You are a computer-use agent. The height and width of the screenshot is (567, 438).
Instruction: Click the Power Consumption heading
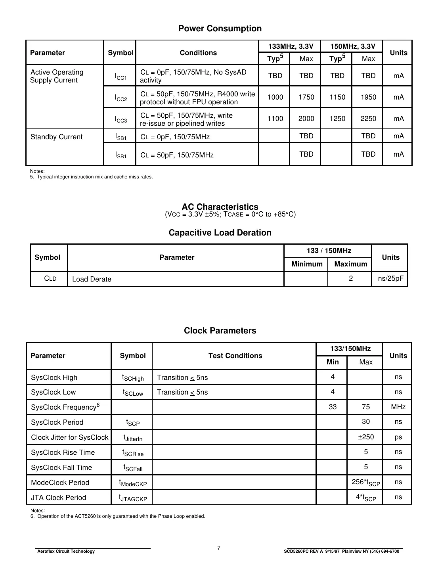tap(220, 29)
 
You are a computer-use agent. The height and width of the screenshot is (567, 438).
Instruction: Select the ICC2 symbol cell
tap(121, 98)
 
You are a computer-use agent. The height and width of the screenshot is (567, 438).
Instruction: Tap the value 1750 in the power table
tap(306, 97)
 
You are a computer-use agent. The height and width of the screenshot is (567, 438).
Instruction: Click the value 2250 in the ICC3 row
tap(368, 119)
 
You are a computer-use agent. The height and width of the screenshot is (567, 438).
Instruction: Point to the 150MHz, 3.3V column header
tap(352, 46)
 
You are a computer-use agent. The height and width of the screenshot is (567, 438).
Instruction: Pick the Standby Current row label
tap(56, 137)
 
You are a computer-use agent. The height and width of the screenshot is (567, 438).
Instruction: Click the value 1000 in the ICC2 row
tap(275, 97)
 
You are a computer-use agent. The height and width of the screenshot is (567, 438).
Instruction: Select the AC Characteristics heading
tap(220, 207)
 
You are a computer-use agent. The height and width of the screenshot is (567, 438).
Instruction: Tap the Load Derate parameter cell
tap(92, 279)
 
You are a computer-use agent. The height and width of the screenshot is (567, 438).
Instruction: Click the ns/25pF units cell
tap(390, 278)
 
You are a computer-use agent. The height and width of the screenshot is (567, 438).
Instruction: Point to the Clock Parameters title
tap(220, 331)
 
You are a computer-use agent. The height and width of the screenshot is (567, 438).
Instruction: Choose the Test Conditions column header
tap(235, 356)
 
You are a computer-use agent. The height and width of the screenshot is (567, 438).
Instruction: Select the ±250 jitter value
tap(365, 437)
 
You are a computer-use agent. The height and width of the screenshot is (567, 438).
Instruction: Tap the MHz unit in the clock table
tap(398, 407)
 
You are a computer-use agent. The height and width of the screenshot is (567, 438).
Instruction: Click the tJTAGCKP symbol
tap(133, 498)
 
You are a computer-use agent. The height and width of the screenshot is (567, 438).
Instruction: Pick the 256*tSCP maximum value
tap(365, 483)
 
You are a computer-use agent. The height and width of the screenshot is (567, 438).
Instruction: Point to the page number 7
tap(219, 548)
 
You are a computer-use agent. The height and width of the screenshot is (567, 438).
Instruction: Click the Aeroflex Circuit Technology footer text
tap(66, 552)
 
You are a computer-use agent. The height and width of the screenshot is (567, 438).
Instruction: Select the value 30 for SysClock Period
tap(365, 422)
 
